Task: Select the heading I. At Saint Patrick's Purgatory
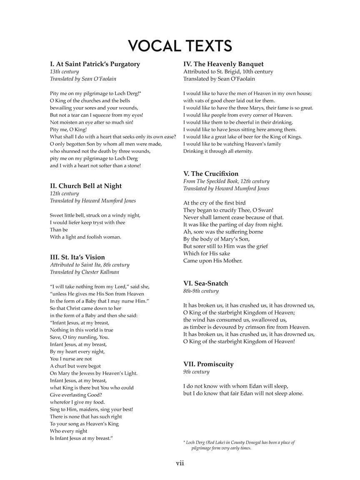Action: click(95, 64)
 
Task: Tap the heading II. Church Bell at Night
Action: click(86, 186)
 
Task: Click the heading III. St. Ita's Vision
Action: click(77, 257)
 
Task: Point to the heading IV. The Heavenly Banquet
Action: click(223, 64)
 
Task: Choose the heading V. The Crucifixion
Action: click(211, 174)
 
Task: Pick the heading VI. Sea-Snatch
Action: click(206, 283)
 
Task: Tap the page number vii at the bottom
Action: click(180, 463)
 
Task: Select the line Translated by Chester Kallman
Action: click(85, 272)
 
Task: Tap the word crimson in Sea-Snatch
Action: click(259, 327)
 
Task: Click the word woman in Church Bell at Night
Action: click(111, 237)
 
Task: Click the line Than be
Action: click(59, 230)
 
